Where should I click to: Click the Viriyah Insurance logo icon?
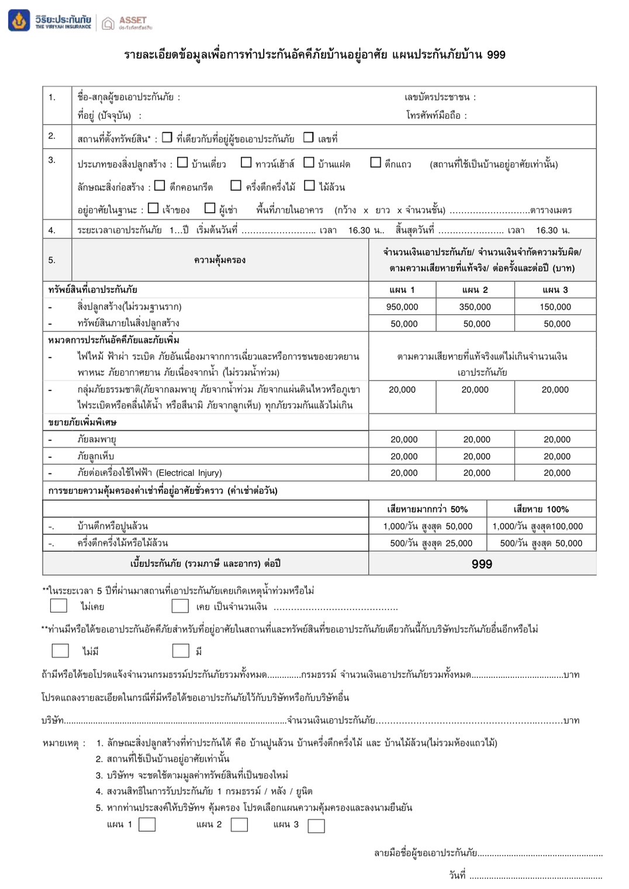tap(19, 20)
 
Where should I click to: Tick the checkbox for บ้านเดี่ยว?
tap(182, 162)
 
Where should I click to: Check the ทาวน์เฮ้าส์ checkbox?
tap(246, 162)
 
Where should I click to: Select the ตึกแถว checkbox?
tap(375, 162)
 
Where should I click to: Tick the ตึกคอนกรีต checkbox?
tap(160, 185)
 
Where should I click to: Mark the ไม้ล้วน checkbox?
tap(309, 185)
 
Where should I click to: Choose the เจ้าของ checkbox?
tap(153, 208)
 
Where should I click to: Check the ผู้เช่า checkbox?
tap(210, 208)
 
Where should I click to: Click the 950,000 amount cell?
tap(402, 307)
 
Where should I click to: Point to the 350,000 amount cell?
tap(475, 307)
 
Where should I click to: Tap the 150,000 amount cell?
tap(555, 307)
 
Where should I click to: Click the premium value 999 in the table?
tap(482, 564)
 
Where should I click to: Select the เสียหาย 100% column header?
tap(541, 509)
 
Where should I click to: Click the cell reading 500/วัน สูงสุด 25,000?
tap(431, 543)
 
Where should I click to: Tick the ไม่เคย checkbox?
tap(58, 606)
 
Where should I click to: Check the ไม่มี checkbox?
tap(60, 651)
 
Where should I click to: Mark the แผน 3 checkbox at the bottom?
tap(316, 826)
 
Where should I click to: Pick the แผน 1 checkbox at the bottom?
tap(147, 825)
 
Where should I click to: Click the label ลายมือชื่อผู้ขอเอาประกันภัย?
tap(426, 853)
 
